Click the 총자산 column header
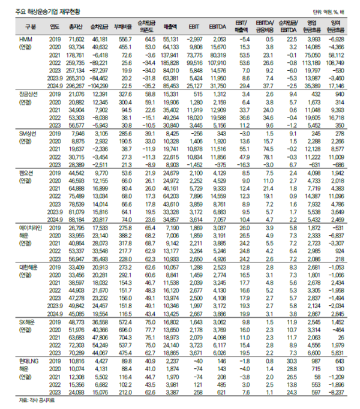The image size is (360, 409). click(75, 27)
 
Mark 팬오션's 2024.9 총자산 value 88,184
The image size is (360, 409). click(75, 219)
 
